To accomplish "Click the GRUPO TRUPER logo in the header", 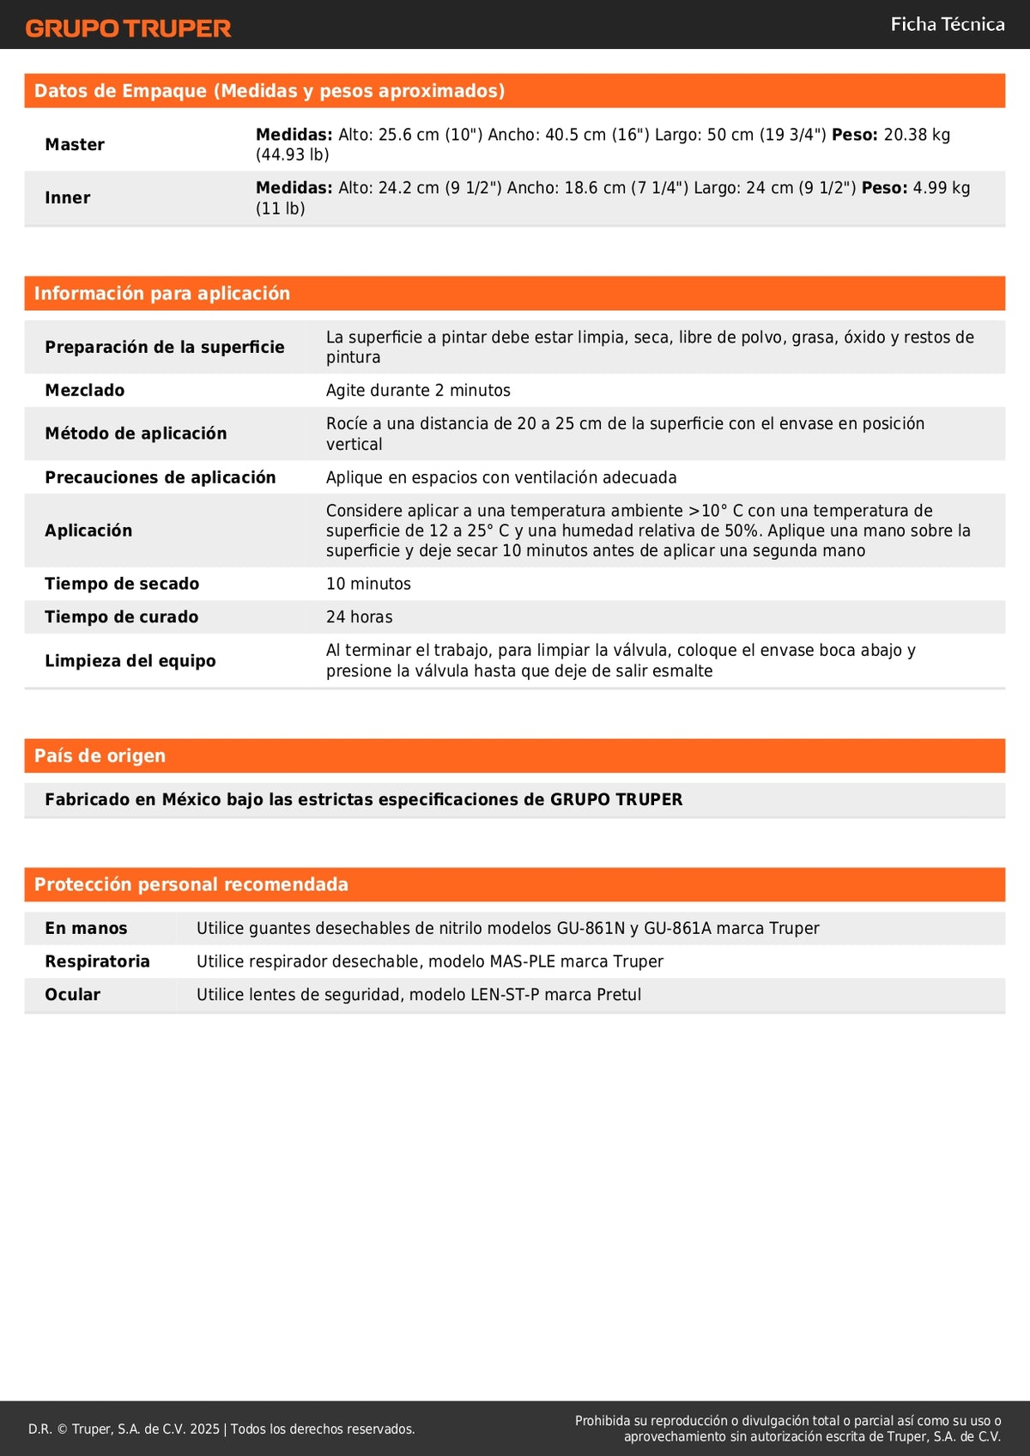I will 129,28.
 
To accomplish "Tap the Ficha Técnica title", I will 947,25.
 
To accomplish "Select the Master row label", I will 75,144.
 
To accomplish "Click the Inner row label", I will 68,197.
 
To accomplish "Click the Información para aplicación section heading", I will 162,294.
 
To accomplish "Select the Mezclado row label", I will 85,391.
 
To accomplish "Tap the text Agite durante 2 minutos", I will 418,391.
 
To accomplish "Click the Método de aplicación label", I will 136,434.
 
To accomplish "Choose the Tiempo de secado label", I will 122,584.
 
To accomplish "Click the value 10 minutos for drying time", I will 368,584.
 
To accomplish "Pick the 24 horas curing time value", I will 359,617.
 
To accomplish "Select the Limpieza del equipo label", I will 130,661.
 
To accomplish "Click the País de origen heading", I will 100,756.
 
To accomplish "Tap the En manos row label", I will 86,929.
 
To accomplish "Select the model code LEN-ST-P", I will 505,995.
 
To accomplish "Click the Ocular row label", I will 73,995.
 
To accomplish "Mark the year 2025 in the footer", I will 204,1429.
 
